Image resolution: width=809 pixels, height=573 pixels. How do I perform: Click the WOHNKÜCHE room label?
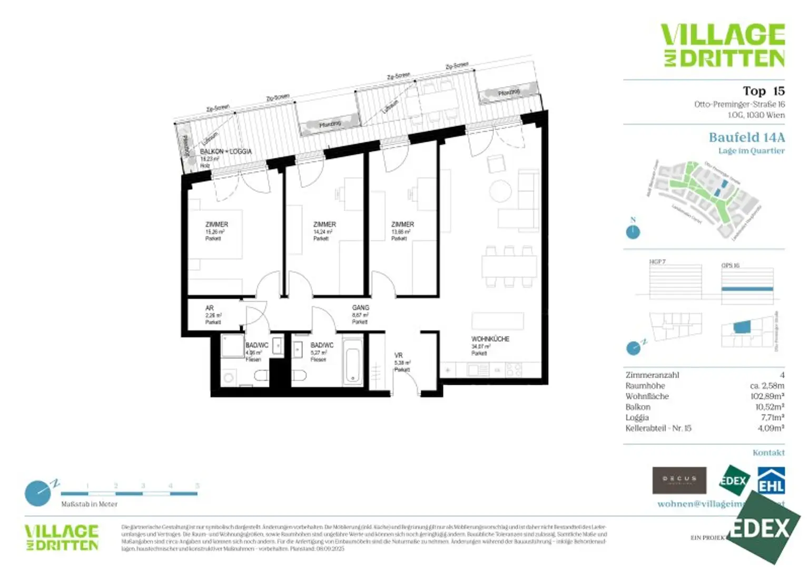click(490, 339)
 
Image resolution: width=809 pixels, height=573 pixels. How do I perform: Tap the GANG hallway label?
click(360, 308)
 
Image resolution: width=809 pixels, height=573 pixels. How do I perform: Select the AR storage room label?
click(210, 308)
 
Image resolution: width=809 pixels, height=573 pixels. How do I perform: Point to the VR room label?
click(399, 356)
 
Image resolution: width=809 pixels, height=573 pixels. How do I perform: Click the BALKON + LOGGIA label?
click(225, 152)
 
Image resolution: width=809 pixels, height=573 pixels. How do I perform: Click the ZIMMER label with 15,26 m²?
click(216, 225)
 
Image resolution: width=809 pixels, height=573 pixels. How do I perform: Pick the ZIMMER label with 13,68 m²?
click(402, 225)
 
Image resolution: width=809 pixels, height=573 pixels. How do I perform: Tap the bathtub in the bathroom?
click(352, 362)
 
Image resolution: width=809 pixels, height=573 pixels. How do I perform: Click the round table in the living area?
click(500, 190)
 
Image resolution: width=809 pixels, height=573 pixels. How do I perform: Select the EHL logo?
click(771, 481)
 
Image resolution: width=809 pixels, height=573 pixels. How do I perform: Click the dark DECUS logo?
click(679, 480)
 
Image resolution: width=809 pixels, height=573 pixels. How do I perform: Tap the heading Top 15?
click(763, 91)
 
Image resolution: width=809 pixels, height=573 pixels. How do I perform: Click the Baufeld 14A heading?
click(746, 138)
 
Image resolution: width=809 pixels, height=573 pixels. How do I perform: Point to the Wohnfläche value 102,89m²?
click(767, 396)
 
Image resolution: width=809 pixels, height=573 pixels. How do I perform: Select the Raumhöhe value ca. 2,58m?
click(767, 386)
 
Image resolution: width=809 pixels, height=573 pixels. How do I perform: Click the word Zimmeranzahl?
click(652, 375)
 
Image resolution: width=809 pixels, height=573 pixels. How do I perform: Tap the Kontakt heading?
click(768, 453)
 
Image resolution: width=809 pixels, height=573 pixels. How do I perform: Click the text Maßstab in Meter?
click(89, 504)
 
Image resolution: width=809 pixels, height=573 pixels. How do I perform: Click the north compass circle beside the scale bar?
click(38, 493)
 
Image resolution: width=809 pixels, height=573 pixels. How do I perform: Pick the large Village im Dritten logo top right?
click(723, 45)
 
